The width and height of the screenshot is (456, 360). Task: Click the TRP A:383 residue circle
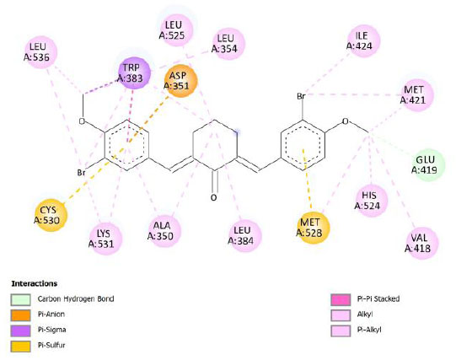134,73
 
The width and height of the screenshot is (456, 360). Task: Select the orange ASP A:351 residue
180,81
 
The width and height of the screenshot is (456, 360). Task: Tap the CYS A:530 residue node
51,215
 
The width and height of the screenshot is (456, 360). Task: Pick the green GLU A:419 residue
428,164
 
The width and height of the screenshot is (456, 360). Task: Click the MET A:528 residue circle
314,228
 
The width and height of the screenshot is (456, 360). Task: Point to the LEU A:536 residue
40,52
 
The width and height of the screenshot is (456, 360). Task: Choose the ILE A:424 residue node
364,40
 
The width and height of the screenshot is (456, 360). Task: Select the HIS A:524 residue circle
372,201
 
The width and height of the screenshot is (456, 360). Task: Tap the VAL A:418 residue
421,243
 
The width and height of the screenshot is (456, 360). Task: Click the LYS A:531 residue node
106,239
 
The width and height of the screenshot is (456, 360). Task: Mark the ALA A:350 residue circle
164,231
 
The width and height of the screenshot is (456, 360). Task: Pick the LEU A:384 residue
245,235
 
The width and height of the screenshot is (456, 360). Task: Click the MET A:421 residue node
417,94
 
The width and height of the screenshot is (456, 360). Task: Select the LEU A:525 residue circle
176,30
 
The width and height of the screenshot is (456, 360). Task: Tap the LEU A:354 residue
228,44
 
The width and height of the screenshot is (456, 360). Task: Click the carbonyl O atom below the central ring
214,198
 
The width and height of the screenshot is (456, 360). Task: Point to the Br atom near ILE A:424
301,96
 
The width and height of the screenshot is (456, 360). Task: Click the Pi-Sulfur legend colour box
20,346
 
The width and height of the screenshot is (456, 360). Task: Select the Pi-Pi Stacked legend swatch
341,299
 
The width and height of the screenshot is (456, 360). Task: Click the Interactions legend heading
35,283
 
